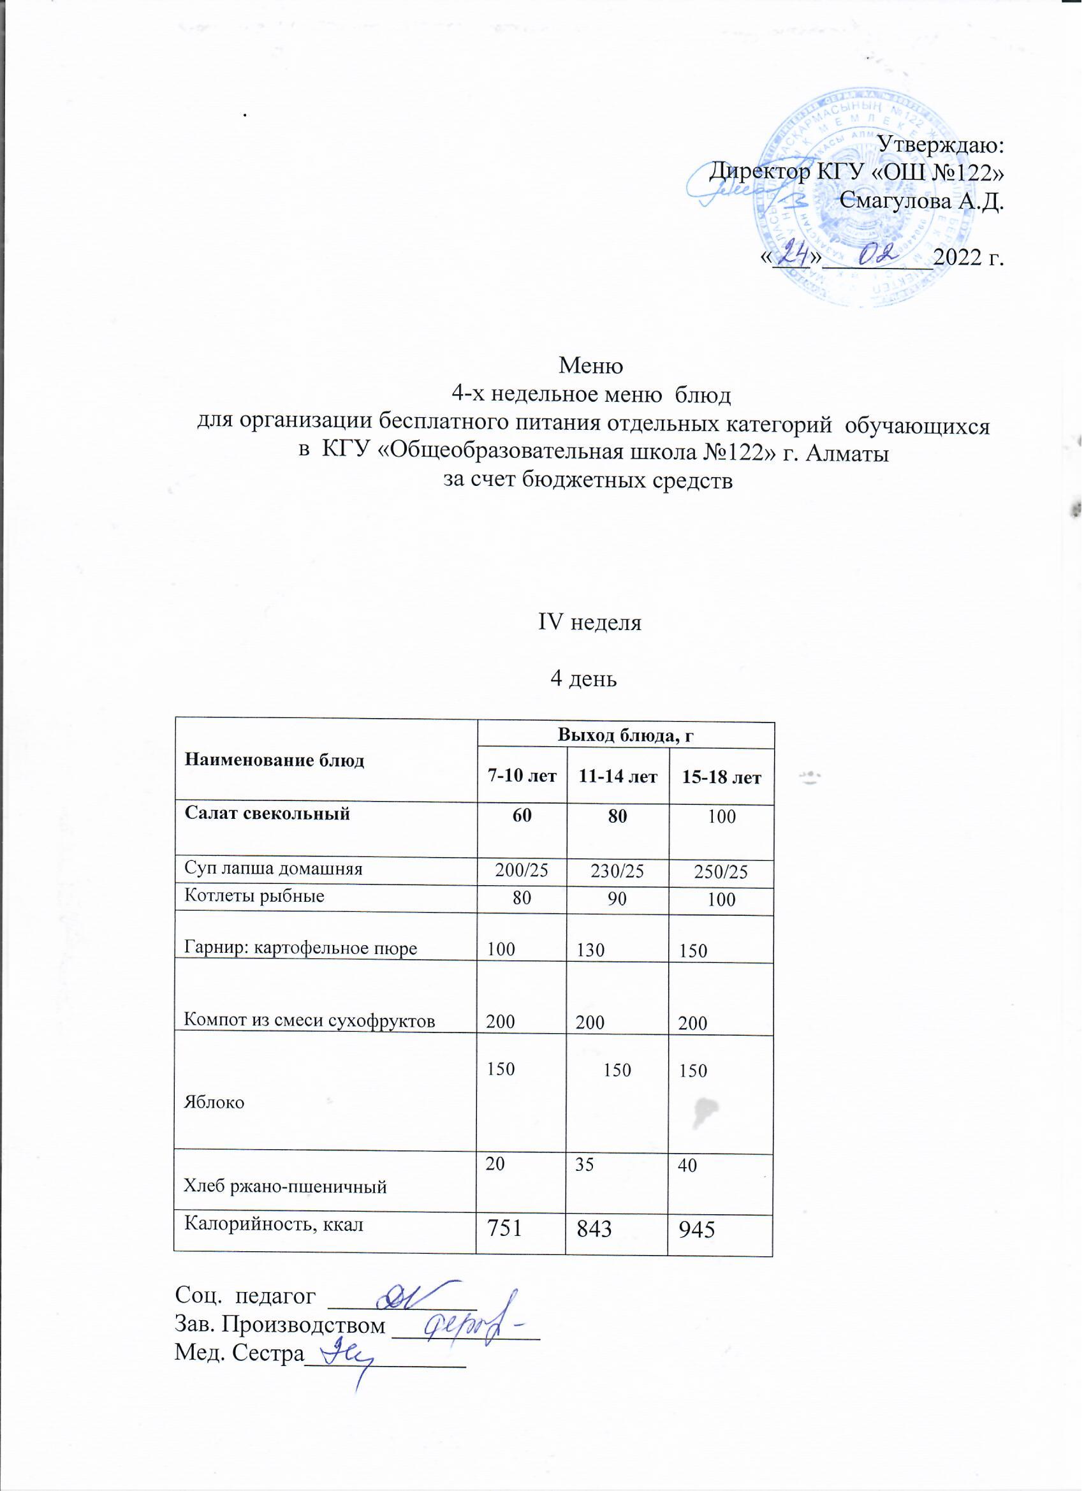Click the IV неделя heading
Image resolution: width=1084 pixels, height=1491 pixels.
click(590, 622)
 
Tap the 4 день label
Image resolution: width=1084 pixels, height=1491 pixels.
click(583, 679)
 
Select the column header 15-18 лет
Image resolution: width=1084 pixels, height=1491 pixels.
click(722, 778)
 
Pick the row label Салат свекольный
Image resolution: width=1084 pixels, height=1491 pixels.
click(268, 814)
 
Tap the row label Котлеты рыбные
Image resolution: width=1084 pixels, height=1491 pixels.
click(255, 896)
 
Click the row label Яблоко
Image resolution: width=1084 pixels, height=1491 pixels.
click(214, 1103)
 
